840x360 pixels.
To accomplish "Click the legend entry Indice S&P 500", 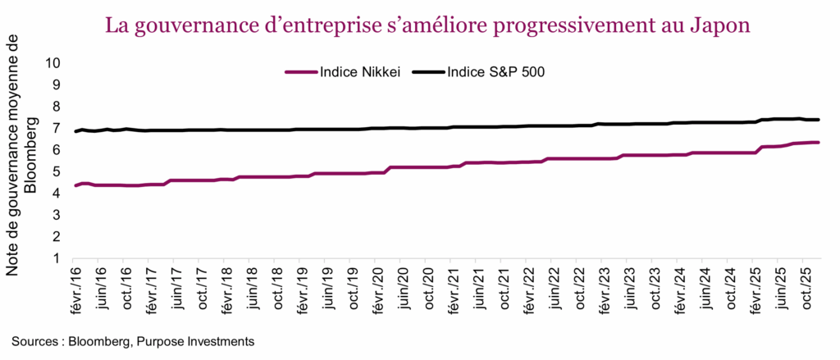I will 497,71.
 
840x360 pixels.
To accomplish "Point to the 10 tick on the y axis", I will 53,62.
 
